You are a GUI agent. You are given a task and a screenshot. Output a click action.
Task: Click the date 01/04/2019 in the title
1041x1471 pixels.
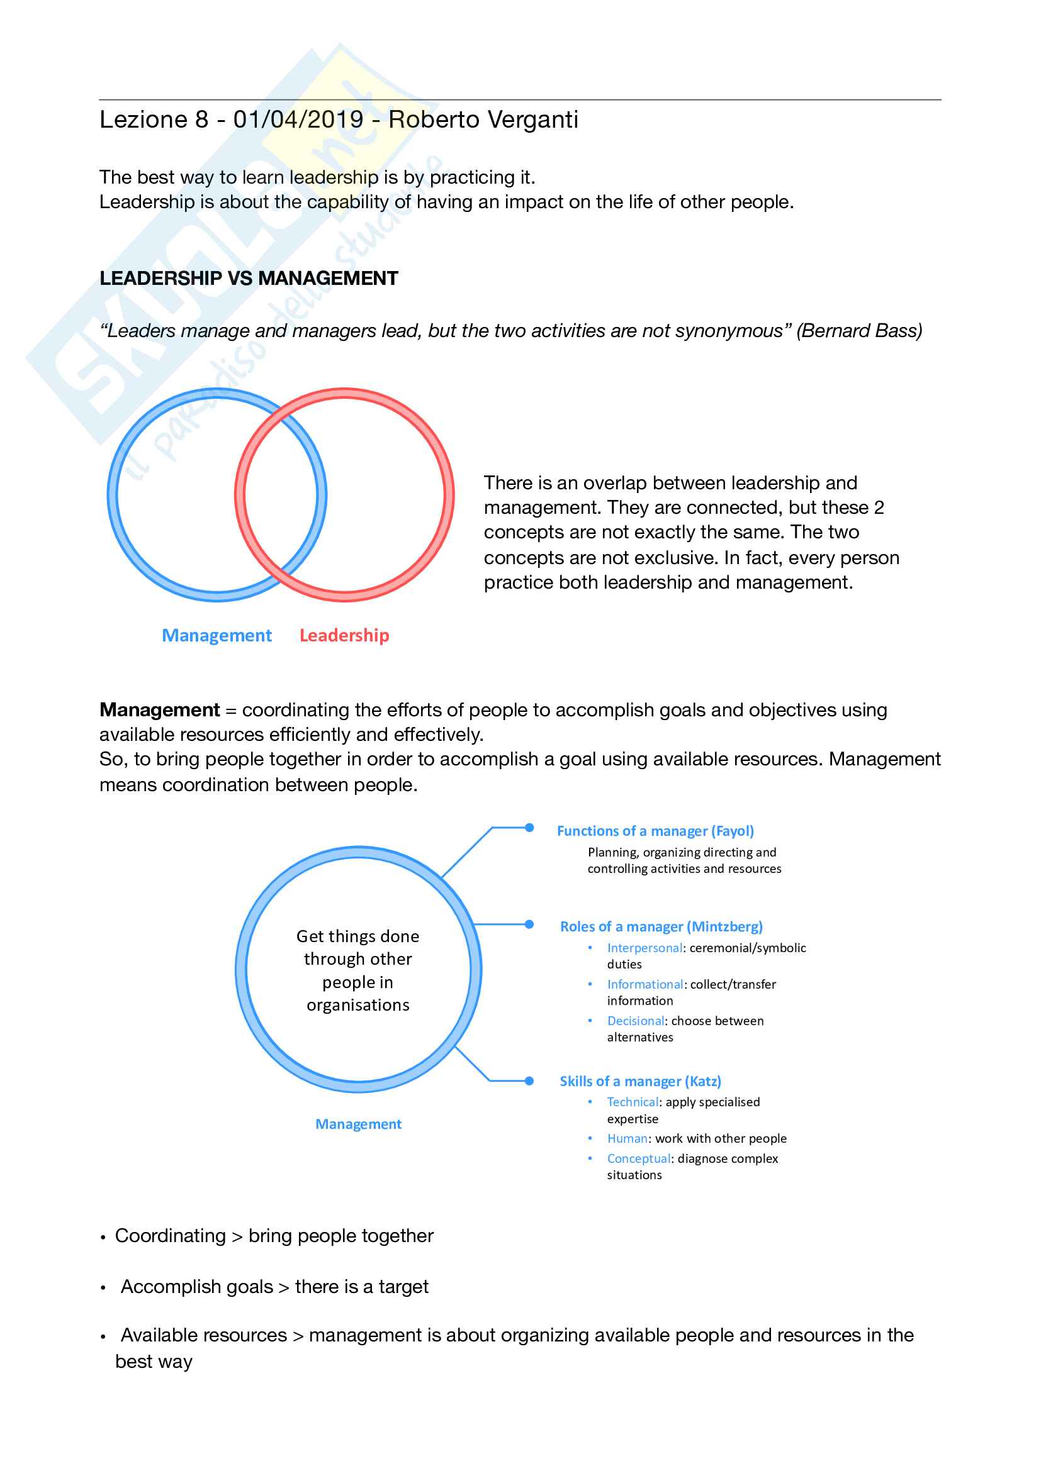click(x=298, y=120)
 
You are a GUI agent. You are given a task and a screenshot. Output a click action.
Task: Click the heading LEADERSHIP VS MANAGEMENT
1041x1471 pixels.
click(x=249, y=278)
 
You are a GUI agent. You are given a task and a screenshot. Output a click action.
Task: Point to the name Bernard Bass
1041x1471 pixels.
click(x=858, y=331)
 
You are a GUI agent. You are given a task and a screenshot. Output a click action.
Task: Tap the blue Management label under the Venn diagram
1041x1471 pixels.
click(x=217, y=635)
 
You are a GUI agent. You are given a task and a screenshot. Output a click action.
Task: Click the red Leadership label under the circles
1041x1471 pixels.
click(x=344, y=635)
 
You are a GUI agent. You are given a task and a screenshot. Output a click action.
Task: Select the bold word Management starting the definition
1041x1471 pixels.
click(x=160, y=710)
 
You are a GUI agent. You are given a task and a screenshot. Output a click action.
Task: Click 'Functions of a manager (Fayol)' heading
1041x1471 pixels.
click(x=655, y=831)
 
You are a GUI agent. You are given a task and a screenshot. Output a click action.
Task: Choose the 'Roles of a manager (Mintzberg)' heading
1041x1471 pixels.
click(x=661, y=926)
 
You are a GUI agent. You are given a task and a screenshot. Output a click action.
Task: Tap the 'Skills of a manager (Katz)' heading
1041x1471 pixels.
click(x=640, y=1082)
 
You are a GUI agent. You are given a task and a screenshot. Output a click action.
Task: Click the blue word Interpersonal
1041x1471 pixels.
click(x=644, y=948)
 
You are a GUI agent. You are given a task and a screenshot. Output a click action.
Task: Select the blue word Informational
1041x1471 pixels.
click(x=645, y=985)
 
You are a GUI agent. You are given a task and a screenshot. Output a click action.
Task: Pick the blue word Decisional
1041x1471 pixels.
click(x=635, y=1021)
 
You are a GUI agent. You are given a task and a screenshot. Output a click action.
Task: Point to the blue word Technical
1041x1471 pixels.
click(x=633, y=1102)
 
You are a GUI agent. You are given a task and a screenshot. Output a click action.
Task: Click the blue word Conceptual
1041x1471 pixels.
click(x=638, y=1159)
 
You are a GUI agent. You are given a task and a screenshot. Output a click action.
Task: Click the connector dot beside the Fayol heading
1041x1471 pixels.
click(x=529, y=828)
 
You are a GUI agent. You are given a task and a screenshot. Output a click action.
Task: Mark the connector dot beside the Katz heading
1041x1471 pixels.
click(x=529, y=1081)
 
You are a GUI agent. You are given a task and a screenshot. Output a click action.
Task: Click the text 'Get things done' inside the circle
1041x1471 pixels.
click(x=357, y=936)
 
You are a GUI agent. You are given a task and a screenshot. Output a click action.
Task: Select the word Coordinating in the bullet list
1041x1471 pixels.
click(x=171, y=1236)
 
